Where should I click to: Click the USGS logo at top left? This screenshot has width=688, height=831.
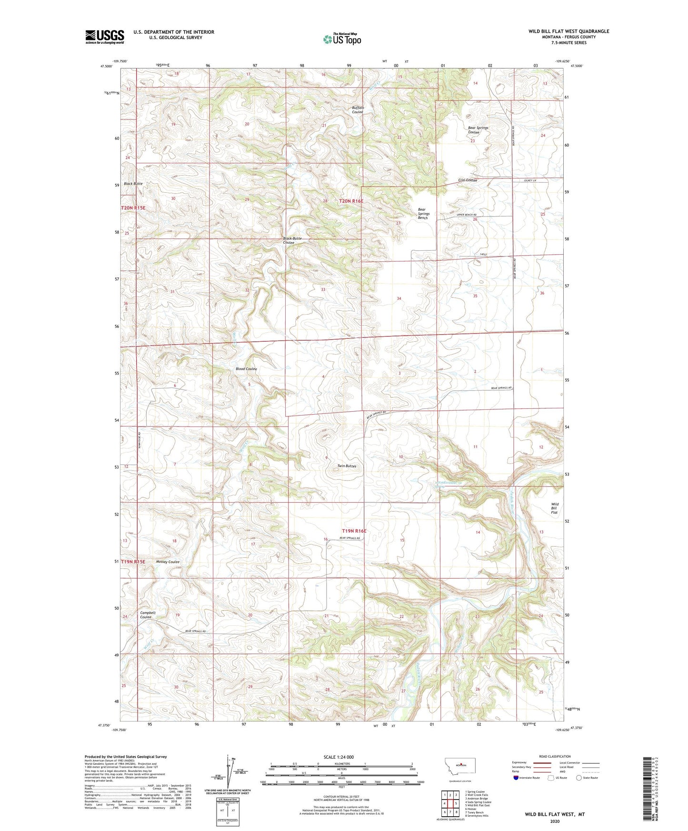pos(105,37)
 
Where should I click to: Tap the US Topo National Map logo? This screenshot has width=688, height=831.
pos(341,39)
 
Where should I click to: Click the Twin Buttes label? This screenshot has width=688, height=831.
pos(346,466)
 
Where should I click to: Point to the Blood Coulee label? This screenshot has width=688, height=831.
pos(246,369)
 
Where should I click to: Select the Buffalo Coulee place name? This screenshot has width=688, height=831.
pos(358,110)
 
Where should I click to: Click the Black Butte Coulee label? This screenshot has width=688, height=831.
pos(292,240)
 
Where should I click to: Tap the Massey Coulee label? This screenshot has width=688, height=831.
pos(168,562)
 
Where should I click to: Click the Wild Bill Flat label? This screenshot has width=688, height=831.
pos(554,508)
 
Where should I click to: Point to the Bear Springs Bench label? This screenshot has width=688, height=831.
pos(423,214)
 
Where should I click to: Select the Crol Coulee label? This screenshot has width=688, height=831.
pos(467,180)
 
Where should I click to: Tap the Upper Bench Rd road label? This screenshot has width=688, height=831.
pos(467,215)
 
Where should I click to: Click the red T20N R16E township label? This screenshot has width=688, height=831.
pos(351,201)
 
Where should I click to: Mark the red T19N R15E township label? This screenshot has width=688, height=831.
pos(133,562)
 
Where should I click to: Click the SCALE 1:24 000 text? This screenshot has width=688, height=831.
pos(339,757)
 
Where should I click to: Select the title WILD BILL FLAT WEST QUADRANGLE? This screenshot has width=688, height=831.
pos(568,31)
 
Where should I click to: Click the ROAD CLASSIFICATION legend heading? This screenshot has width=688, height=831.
pos(555,756)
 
